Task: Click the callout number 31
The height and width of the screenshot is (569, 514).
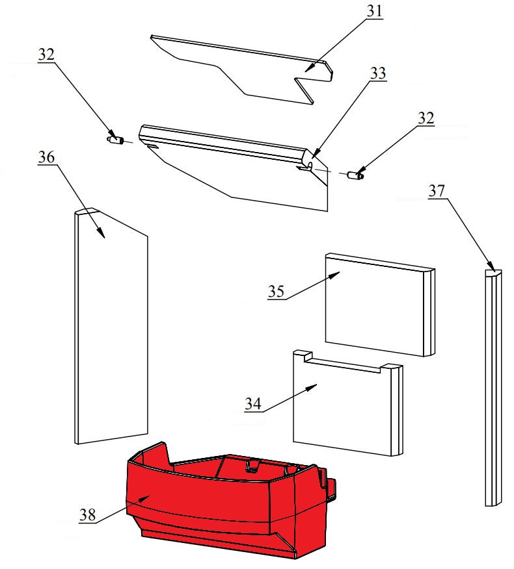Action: coord(374,11)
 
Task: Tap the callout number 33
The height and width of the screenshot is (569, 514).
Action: coord(377,73)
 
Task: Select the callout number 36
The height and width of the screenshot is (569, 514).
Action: coord(46,157)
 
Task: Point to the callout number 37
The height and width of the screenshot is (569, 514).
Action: coord(437,190)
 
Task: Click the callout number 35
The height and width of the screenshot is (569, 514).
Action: coord(276,292)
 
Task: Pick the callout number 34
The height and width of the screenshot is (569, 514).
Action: coord(253,403)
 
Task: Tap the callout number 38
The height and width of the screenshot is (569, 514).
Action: coord(88,514)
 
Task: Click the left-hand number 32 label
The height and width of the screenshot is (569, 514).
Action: coord(46,55)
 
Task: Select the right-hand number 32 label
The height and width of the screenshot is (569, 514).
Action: coord(426,118)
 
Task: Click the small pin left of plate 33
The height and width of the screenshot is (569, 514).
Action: coord(116,140)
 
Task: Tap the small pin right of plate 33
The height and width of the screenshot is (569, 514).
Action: coord(355,175)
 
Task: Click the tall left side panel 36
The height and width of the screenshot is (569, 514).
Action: coord(111,327)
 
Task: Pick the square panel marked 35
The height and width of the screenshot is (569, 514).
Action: coord(380,305)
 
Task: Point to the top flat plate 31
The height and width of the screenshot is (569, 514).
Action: coord(243,69)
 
